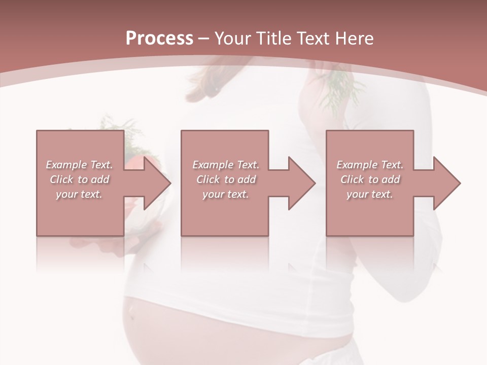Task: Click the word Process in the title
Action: click(159, 38)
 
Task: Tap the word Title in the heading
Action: click(271, 38)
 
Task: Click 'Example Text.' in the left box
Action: click(79, 165)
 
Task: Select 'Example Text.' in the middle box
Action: click(226, 165)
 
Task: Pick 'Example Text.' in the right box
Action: click(370, 165)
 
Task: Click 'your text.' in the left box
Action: click(79, 194)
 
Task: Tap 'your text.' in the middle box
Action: click(226, 194)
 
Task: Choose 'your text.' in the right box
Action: click(370, 194)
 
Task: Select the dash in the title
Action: click(204, 39)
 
